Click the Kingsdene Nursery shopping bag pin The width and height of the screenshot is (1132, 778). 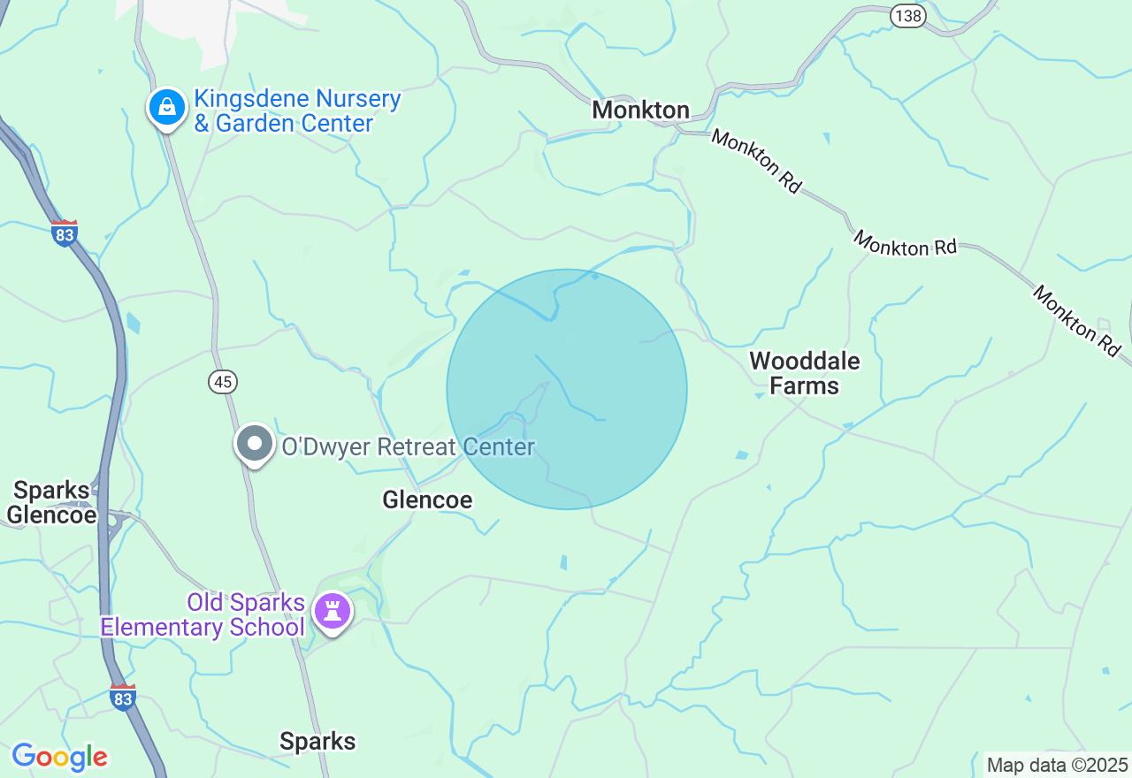tap(166, 108)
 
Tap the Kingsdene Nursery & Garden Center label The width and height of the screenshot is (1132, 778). tap(297, 111)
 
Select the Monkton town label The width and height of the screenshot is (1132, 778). tap(640, 111)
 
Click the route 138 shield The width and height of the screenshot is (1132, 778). tap(907, 16)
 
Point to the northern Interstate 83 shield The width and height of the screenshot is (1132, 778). tap(65, 233)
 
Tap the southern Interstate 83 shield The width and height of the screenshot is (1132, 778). tap(123, 698)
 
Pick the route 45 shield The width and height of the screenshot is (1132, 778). tap(224, 382)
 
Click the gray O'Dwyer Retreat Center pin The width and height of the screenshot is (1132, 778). tap(255, 444)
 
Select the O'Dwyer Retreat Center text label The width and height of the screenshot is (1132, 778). tap(408, 447)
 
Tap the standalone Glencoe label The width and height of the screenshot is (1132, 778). tap(427, 500)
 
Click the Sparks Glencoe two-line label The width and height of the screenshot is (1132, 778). tap(51, 503)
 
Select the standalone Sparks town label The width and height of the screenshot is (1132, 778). tap(317, 742)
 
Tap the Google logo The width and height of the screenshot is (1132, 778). tap(59, 757)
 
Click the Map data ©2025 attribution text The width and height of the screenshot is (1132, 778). tap(1057, 765)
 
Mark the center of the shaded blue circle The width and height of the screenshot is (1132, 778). tap(567, 389)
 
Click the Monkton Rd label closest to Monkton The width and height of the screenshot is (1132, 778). tap(757, 162)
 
